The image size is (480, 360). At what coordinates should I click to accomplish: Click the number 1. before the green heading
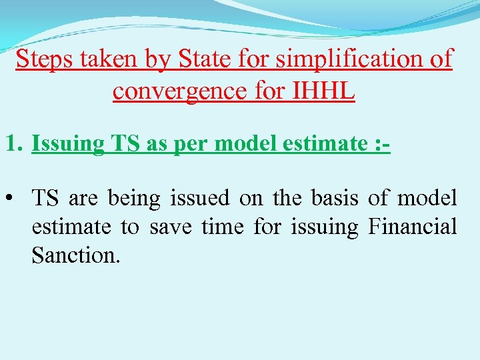15,143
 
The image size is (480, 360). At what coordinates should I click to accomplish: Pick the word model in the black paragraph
427,198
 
